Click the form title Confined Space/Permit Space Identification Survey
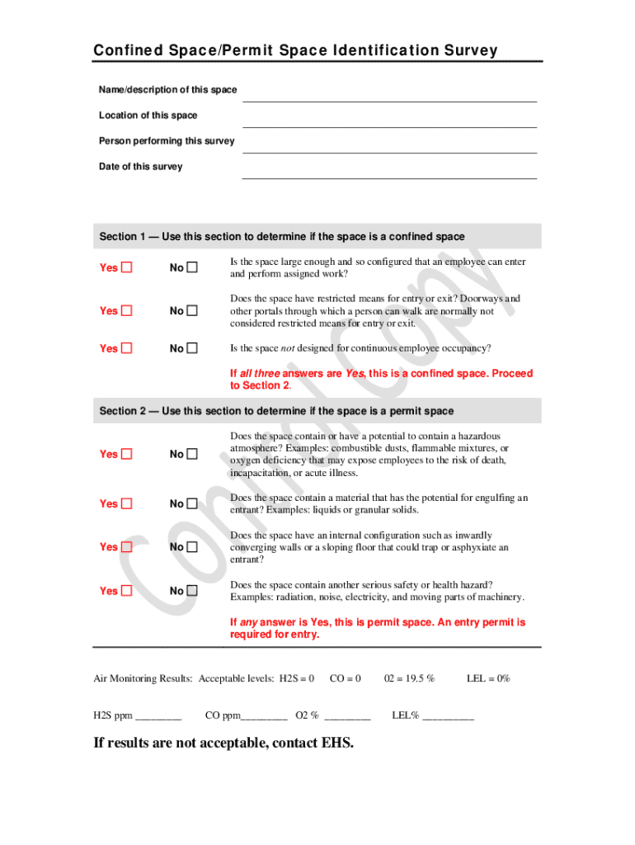coord(295,51)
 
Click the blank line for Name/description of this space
coord(388,94)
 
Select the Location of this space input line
coord(388,120)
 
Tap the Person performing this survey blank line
coord(388,145)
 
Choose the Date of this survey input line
coord(388,171)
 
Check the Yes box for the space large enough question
coord(127,267)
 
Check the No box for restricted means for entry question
coord(192,311)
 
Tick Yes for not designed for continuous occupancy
coord(127,348)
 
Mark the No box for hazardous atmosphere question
coord(192,454)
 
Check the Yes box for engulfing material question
coord(127,503)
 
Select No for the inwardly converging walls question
coord(192,547)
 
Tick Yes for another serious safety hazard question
coord(127,591)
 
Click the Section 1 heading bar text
coord(282,237)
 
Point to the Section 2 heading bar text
coord(276,411)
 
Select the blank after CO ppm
coord(265,715)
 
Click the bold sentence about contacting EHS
coord(223,744)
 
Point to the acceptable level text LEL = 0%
coord(488,678)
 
